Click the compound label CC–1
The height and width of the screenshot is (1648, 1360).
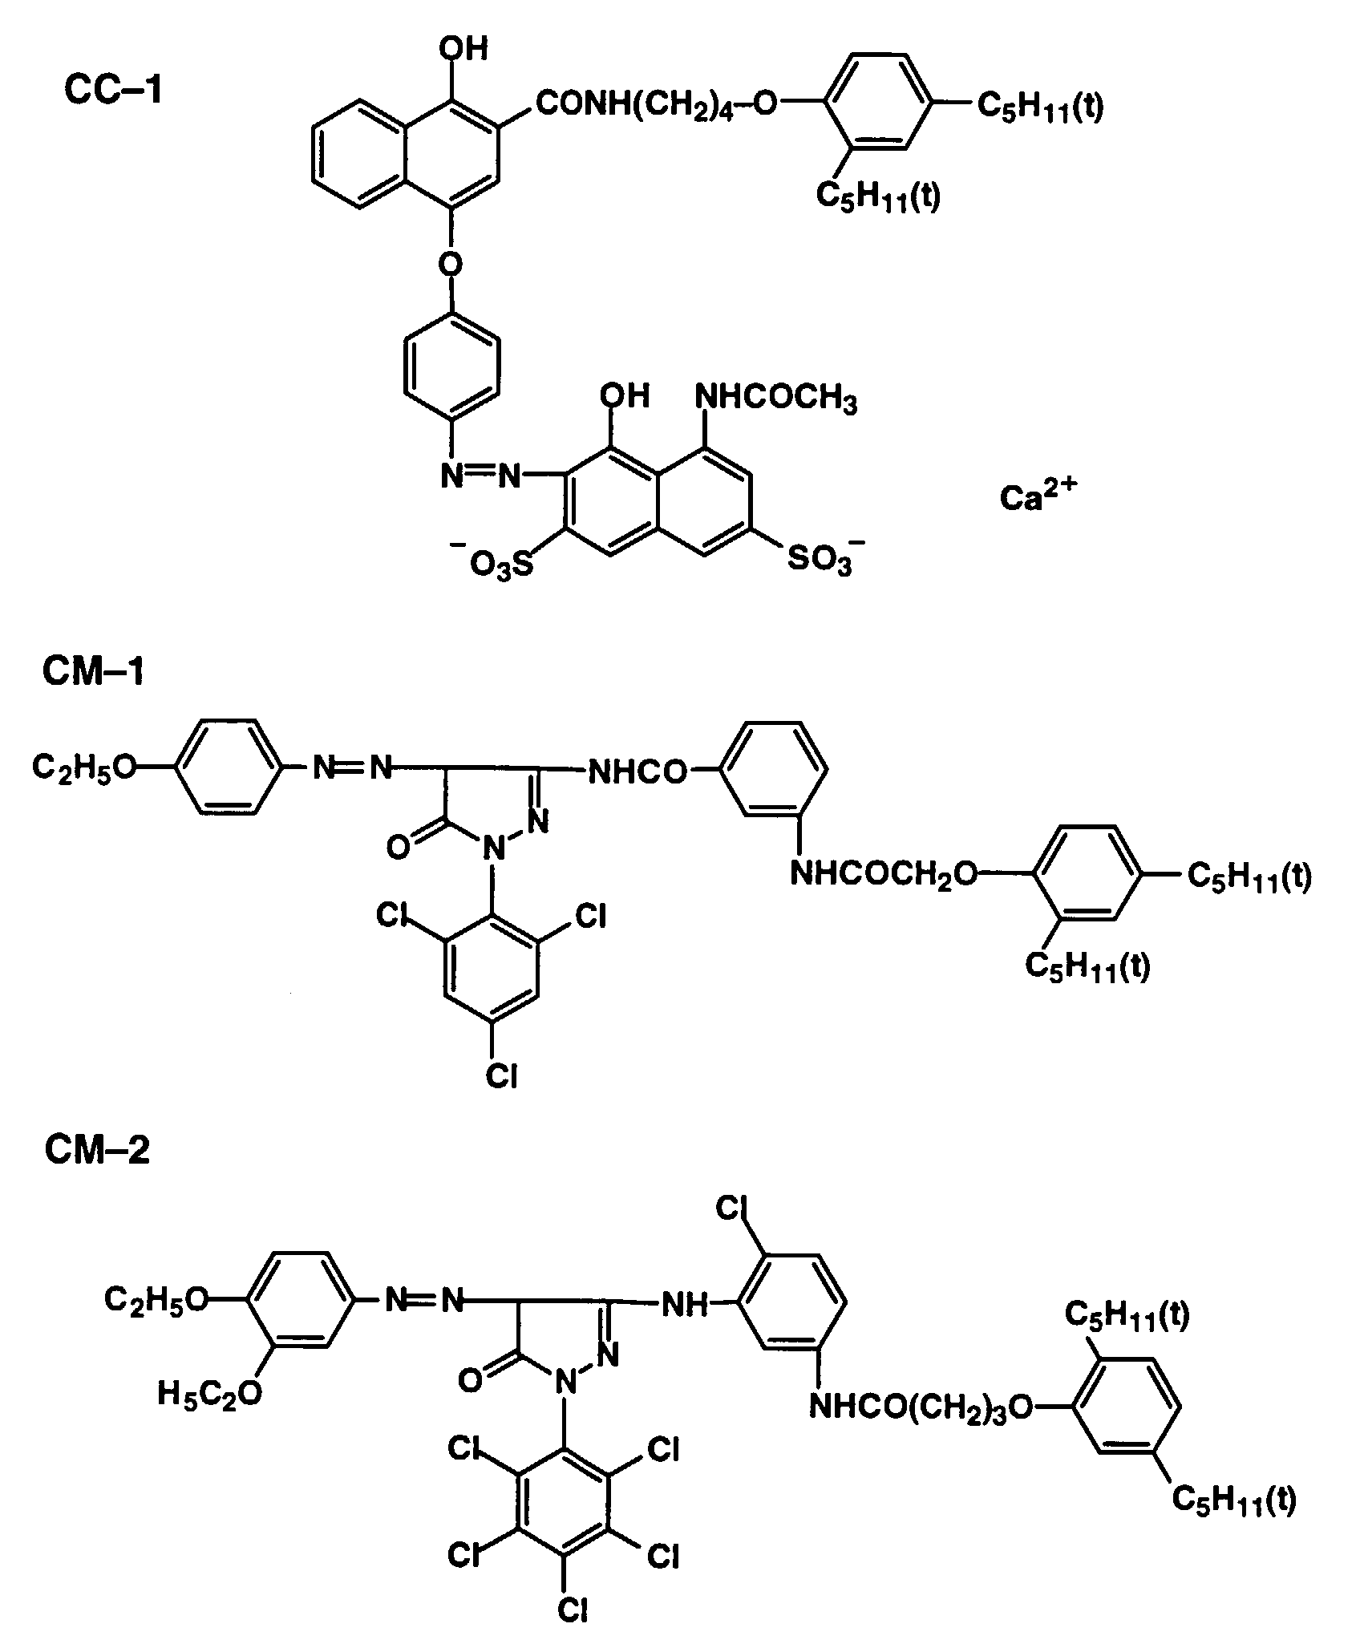click(x=112, y=91)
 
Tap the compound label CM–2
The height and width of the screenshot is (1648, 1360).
click(x=96, y=1151)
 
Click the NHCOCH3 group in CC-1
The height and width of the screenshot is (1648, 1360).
click(x=775, y=399)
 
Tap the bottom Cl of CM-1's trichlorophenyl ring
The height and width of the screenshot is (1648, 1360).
click(x=502, y=1075)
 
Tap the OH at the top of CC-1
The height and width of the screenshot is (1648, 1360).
click(x=463, y=50)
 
